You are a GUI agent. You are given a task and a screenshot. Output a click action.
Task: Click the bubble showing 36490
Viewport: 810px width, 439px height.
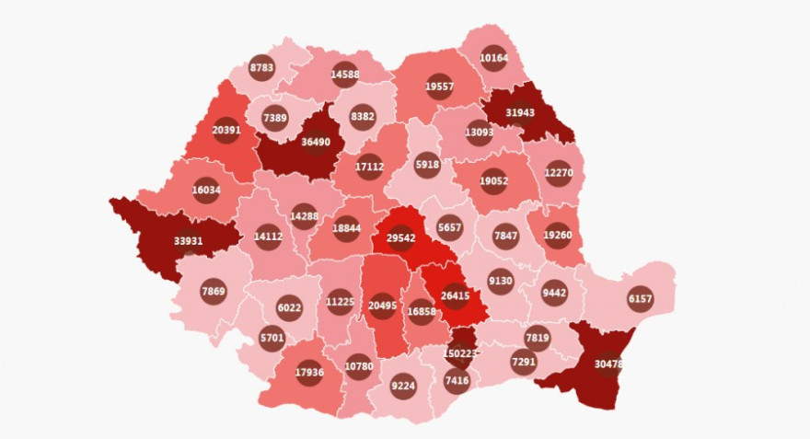[x=317, y=143]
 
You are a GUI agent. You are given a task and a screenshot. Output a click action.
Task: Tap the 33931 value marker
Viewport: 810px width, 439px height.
[x=189, y=242]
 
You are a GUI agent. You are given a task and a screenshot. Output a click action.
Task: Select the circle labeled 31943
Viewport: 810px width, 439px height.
[x=521, y=112]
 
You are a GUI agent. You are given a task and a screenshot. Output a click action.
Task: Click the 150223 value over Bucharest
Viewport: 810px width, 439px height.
[x=460, y=353]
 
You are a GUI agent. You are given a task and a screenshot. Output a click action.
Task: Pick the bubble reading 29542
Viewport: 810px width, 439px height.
[x=400, y=237]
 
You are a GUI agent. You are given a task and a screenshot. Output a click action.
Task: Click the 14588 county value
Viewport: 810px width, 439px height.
[x=344, y=74]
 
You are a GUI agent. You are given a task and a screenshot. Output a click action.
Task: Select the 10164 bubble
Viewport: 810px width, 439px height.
[x=493, y=58]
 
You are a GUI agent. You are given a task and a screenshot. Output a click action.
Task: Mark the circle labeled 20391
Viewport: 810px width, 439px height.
[x=226, y=131]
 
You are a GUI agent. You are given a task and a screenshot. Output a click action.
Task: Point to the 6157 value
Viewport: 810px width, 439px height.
[x=640, y=299]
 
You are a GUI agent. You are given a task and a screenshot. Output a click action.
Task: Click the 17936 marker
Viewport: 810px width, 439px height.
[x=309, y=373]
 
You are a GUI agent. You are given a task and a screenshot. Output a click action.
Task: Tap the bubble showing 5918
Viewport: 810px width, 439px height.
[x=427, y=166]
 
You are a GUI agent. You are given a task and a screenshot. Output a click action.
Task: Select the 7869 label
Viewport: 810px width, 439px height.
[x=213, y=292]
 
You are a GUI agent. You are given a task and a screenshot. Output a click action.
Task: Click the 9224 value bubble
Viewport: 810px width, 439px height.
[x=403, y=386]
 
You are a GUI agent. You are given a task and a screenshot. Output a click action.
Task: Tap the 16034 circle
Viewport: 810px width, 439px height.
[x=206, y=191]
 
